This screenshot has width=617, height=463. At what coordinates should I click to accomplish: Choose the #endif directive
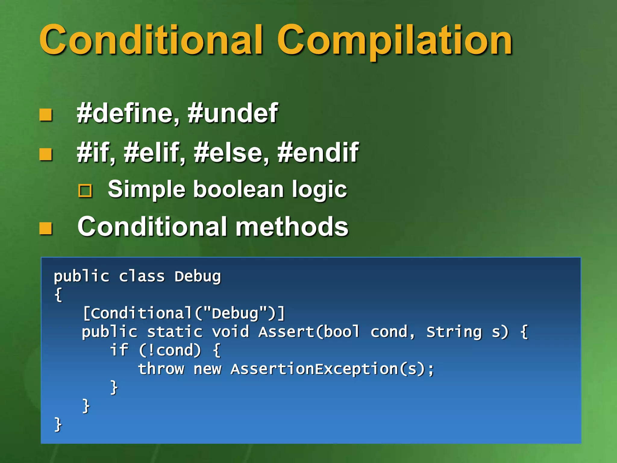pyautogui.click(x=318, y=153)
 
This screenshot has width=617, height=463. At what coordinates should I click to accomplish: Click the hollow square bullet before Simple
pyautogui.click(x=85, y=191)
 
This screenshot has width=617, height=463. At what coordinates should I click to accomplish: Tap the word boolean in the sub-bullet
pyautogui.click(x=238, y=189)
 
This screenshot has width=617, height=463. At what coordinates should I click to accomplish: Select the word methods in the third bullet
pyautogui.click(x=292, y=227)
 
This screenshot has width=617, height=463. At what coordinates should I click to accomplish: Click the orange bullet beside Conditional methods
pyautogui.click(x=46, y=228)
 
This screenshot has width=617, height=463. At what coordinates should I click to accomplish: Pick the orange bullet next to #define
pyautogui.click(x=46, y=115)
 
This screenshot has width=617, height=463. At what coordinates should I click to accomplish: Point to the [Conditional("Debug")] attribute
pyautogui.click(x=184, y=313)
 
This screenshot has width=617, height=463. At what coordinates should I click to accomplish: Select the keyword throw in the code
pyautogui.click(x=161, y=369)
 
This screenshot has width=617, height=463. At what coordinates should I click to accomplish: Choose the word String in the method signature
pyautogui.click(x=454, y=332)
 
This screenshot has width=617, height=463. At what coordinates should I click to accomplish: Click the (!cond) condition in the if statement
pyautogui.click(x=170, y=351)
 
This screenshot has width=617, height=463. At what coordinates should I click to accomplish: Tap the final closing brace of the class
pyautogui.click(x=58, y=424)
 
